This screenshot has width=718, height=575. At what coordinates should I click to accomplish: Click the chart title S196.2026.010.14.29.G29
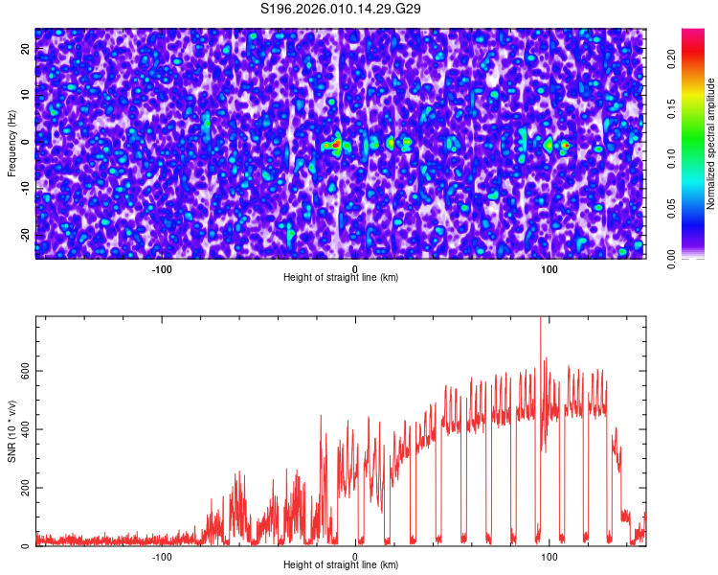pyautogui.click(x=342, y=9)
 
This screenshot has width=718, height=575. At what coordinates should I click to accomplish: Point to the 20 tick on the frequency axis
pyautogui.click(x=26, y=48)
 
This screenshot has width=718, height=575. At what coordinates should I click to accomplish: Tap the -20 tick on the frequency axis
pyautogui.click(x=26, y=236)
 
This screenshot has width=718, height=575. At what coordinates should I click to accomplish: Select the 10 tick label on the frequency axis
pyautogui.click(x=26, y=95)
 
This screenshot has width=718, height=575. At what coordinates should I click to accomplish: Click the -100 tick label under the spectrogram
pyautogui.click(x=162, y=268)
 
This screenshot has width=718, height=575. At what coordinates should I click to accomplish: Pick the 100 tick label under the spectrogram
pyautogui.click(x=549, y=268)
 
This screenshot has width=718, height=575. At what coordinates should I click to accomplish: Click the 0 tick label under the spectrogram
pyautogui.click(x=354, y=268)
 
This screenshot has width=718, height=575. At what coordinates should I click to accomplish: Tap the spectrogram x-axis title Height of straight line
pyautogui.click(x=341, y=278)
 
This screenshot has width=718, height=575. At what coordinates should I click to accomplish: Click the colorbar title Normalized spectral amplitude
pyautogui.click(x=711, y=144)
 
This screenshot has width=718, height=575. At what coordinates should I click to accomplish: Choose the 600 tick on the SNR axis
pyautogui.click(x=26, y=371)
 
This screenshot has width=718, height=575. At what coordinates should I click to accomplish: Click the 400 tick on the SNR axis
pyautogui.click(x=26, y=429)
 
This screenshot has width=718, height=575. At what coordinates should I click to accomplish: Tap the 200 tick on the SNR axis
pyautogui.click(x=26, y=488)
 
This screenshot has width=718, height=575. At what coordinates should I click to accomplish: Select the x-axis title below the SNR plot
pyautogui.click(x=341, y=565)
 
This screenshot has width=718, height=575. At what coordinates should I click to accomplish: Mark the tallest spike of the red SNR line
pyautogui.click(x=541, y=320)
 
